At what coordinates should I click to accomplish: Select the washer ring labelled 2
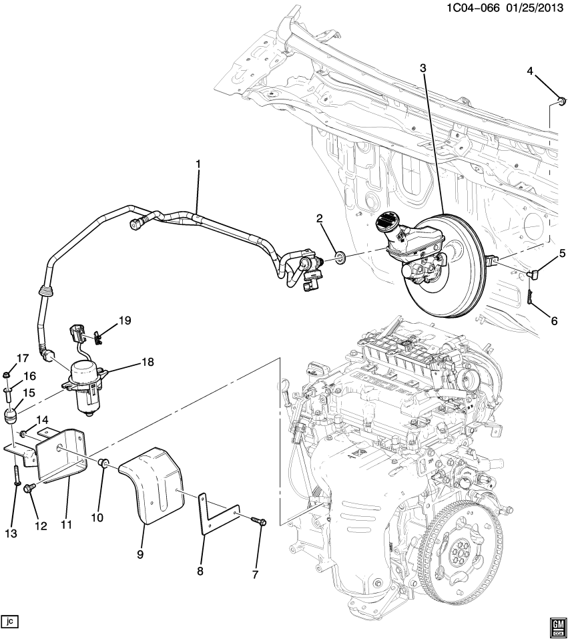[340, 257]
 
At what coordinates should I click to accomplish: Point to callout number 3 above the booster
[422, 67]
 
